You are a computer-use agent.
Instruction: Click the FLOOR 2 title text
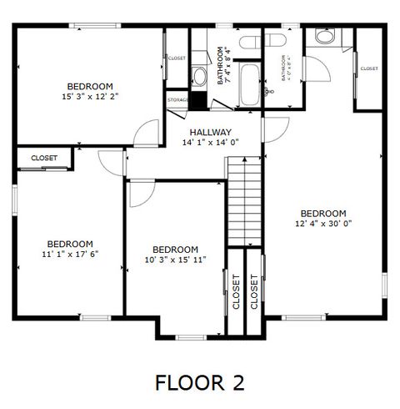coord(200,382)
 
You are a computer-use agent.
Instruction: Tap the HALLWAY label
coord(210,137)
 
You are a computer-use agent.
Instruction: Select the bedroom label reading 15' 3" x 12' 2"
coord(90,92)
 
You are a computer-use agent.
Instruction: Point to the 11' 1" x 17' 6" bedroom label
coord(70,249)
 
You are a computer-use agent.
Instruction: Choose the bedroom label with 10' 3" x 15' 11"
coord(175,255)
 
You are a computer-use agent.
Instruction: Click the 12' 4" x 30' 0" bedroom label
coord(323,218)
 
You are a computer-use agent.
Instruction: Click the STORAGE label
coord(177,100)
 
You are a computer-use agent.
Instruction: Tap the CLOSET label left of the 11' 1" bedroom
coord(44,158)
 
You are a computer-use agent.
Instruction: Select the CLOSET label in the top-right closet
coord(368,68)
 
